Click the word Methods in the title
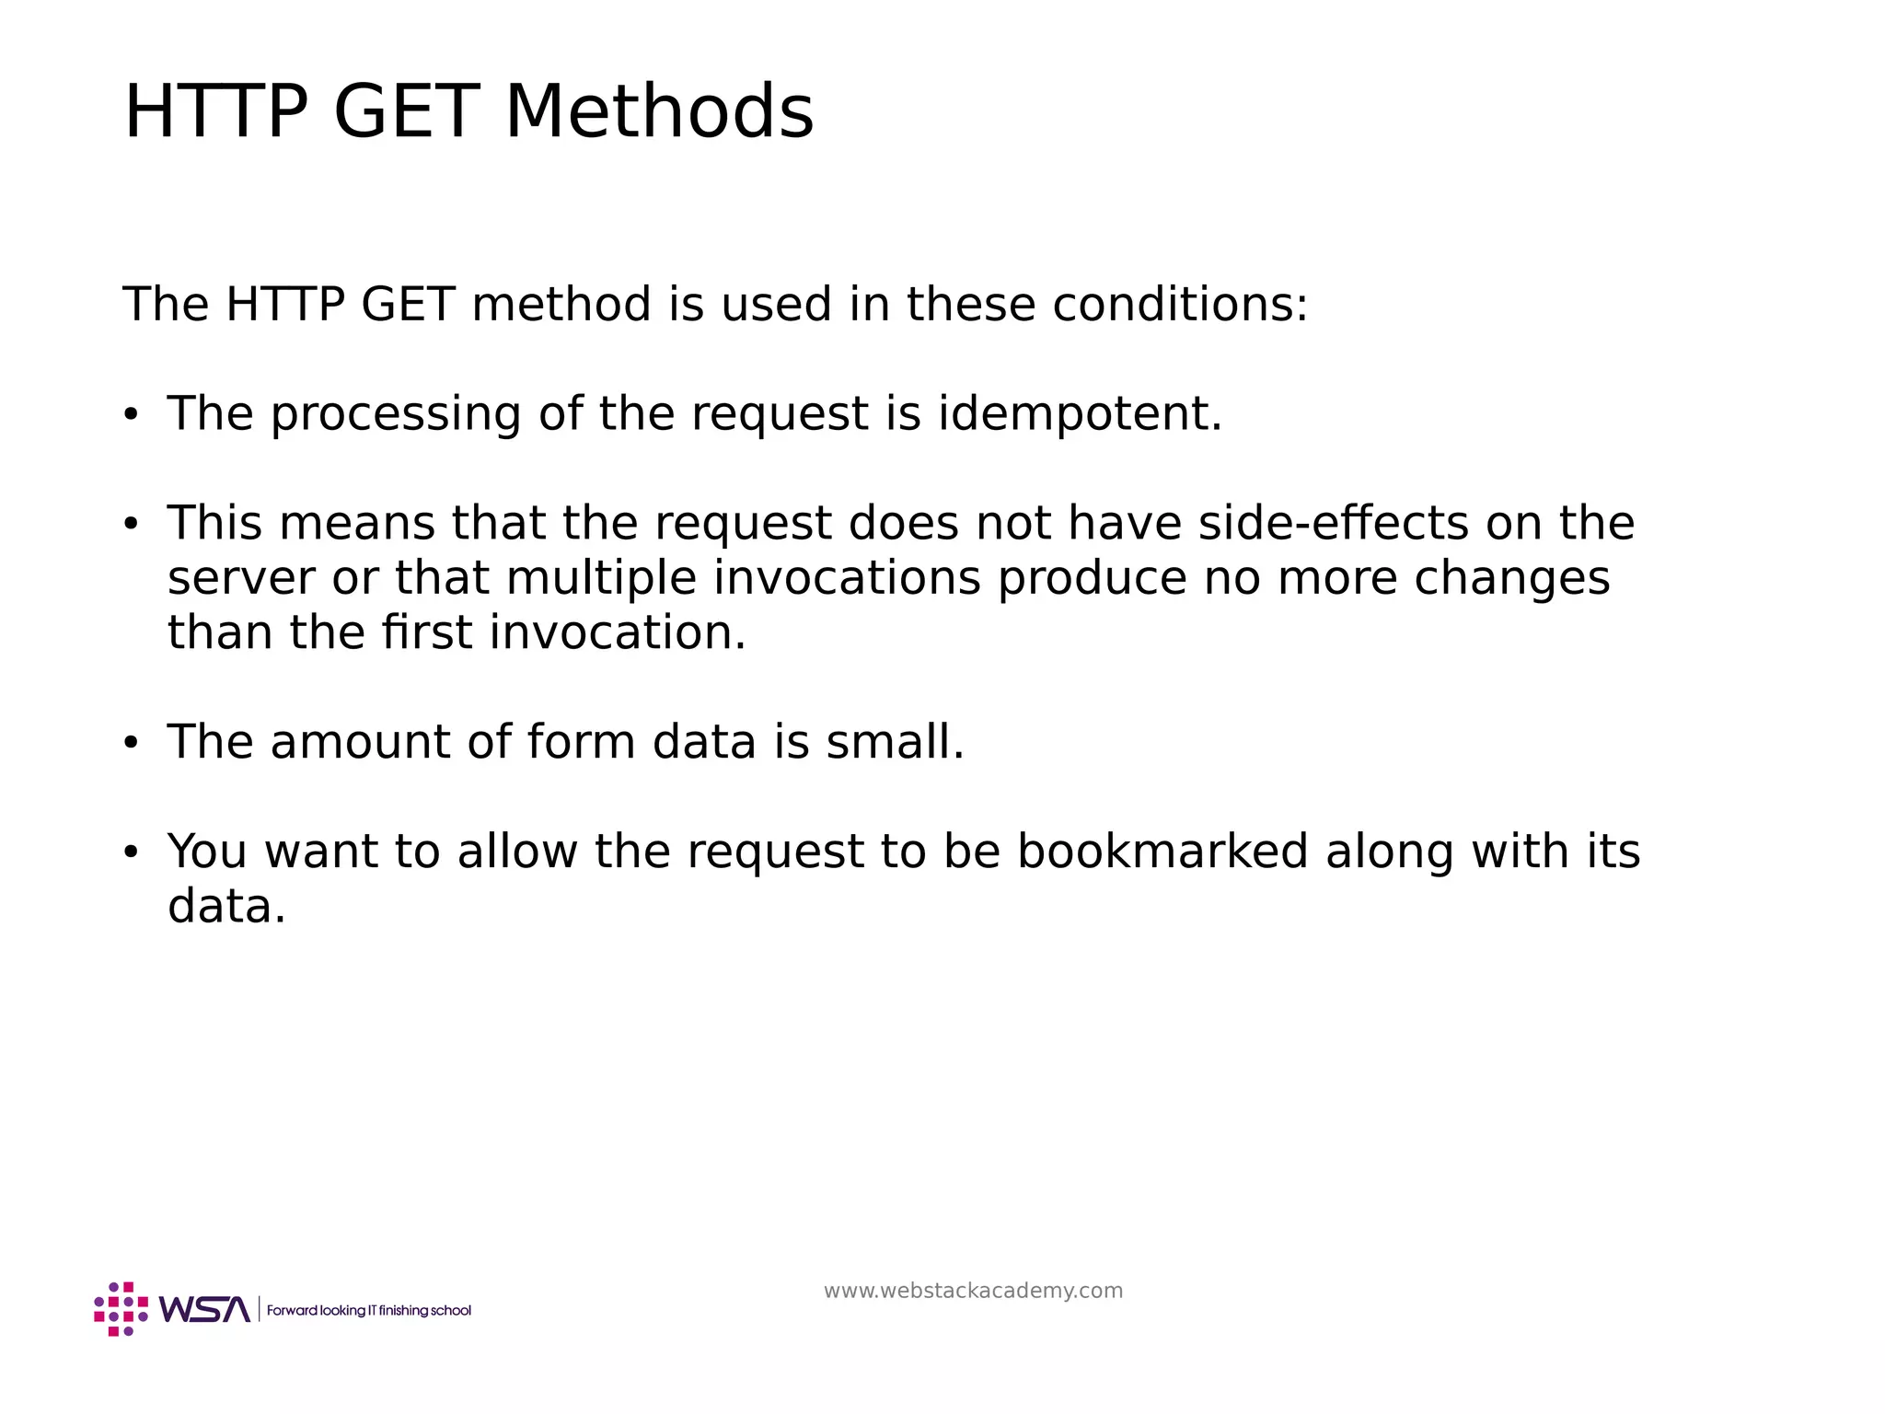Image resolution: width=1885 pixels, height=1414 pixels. (x=659, y=112)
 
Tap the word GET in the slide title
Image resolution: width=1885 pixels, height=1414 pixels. (x=407, y=112)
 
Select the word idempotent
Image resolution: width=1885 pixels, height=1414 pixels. (x=1080, y=413)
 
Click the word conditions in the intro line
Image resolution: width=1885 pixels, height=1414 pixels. (x=1179, y=304)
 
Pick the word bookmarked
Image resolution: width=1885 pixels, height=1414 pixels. (x=1162, y=851)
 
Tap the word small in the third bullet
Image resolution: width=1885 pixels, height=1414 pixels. (x=895, y=742)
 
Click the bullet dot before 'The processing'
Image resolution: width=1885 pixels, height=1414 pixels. (x=131, y=415)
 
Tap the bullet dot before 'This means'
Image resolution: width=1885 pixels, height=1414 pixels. (x=131, y=525)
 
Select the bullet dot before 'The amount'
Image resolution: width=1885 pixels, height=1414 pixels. (x=131, y=743)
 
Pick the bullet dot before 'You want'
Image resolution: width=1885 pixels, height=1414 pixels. (x=131, y=852)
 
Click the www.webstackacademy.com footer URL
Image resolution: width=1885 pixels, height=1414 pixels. (x=973, y=1291)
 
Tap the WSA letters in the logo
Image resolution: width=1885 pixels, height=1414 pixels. (x=204, y=1309)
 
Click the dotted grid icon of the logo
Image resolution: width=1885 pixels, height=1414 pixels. (x=121, y=1308)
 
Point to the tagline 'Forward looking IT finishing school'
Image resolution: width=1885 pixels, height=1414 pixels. (x=368, y=1310)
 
